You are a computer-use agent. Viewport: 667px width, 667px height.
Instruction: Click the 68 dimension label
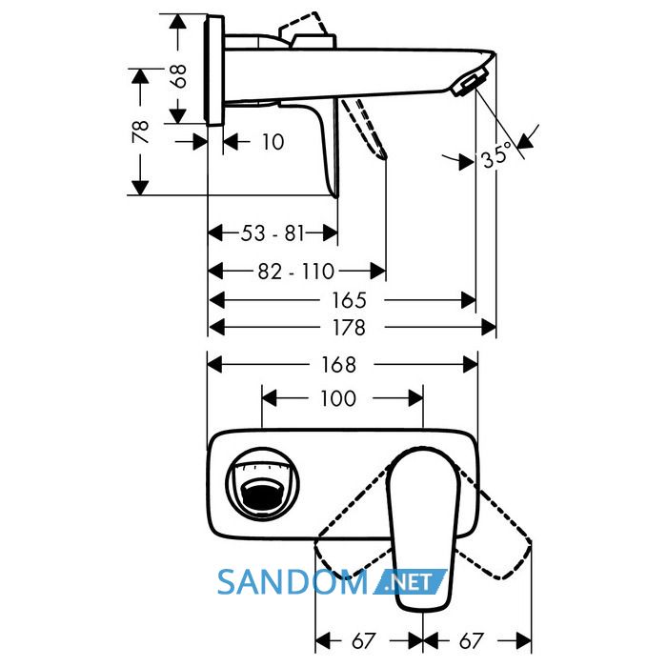pos(180,76)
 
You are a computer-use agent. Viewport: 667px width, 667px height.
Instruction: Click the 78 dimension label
pos(141,131)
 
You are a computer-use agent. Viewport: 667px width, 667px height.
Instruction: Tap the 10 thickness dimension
pos(273,142)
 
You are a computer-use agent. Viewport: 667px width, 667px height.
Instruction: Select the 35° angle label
pos(496,154)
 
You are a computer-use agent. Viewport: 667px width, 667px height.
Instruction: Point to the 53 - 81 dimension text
pos(273,233)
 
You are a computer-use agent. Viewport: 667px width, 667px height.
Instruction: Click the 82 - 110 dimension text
pos(296,272)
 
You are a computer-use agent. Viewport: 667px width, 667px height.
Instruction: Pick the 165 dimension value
pos(349,300)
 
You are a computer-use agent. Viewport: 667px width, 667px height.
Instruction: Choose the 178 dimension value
pos(349,328)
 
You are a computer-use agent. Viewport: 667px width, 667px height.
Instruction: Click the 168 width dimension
pos(338,365)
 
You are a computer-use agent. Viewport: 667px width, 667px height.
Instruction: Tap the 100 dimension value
pos(338,398)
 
